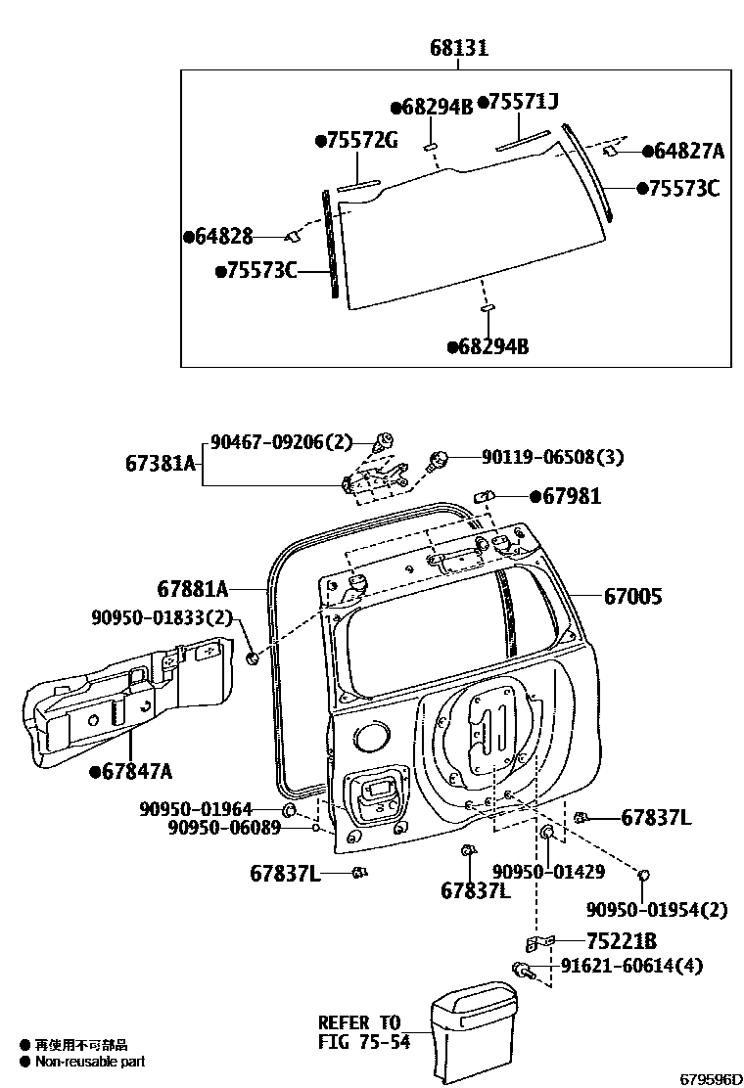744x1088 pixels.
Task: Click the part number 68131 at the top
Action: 457,48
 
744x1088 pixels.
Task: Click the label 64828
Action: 224,237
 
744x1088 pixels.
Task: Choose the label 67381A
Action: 161,463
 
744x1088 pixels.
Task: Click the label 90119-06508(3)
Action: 552,457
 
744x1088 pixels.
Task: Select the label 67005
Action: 632,595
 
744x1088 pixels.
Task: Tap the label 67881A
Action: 192,589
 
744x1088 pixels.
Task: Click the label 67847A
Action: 136,772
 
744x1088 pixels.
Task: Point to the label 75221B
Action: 622,941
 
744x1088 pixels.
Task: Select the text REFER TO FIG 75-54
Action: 359,1032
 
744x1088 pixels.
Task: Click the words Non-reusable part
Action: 90,1062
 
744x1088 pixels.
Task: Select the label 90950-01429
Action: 548,872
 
